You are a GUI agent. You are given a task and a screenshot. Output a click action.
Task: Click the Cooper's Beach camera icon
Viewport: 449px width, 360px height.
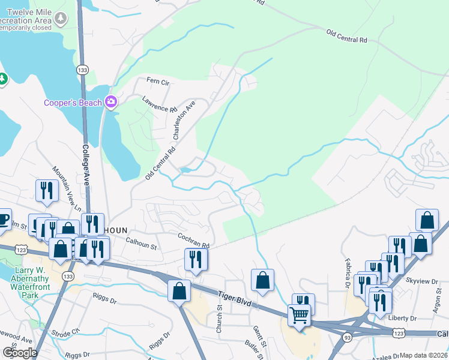point(110,102)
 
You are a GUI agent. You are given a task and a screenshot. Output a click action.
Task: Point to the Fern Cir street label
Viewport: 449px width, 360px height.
point(158,81)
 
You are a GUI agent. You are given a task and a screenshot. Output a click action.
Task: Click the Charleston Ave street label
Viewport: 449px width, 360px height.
point(184,119)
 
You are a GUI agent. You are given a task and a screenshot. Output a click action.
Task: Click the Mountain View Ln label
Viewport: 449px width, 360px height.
point(67,187)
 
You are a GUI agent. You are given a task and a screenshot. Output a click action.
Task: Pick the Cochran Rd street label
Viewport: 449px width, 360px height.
point(193,241)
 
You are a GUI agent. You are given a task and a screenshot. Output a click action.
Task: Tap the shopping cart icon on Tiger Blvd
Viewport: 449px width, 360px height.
point(299,314)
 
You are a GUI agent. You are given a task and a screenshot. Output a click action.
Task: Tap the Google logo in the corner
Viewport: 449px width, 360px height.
point(20,353)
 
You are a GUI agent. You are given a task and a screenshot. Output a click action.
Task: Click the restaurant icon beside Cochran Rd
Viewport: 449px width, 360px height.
point(196,259)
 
